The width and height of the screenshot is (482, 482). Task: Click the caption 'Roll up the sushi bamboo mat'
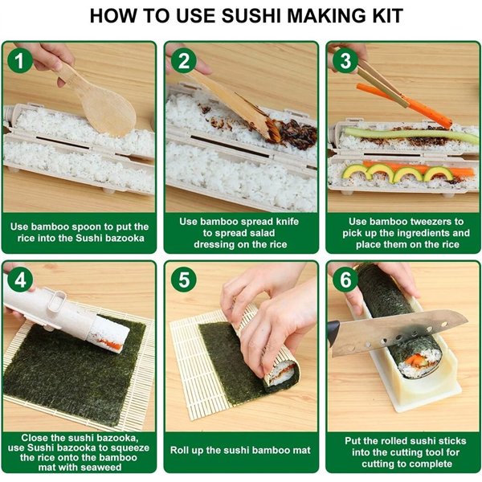[240, 450]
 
